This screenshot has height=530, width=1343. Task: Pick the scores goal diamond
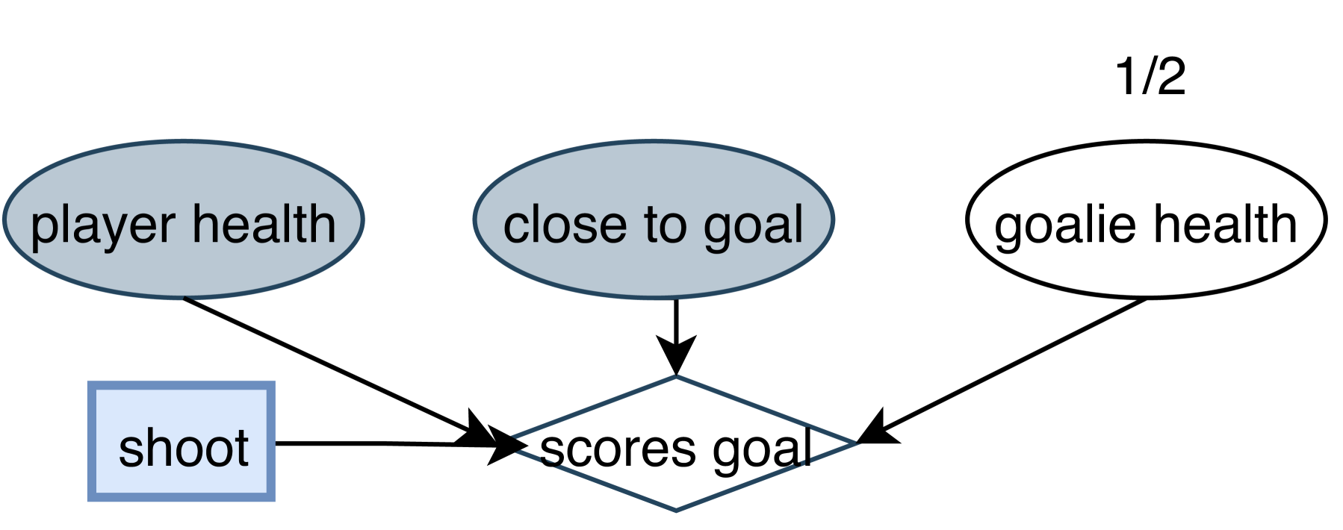point(676,485)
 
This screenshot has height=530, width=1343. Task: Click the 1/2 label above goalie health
point(1150,76)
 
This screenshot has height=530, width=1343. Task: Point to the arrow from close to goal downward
point(676,321)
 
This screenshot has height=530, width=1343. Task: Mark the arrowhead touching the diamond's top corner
point(676,355)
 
